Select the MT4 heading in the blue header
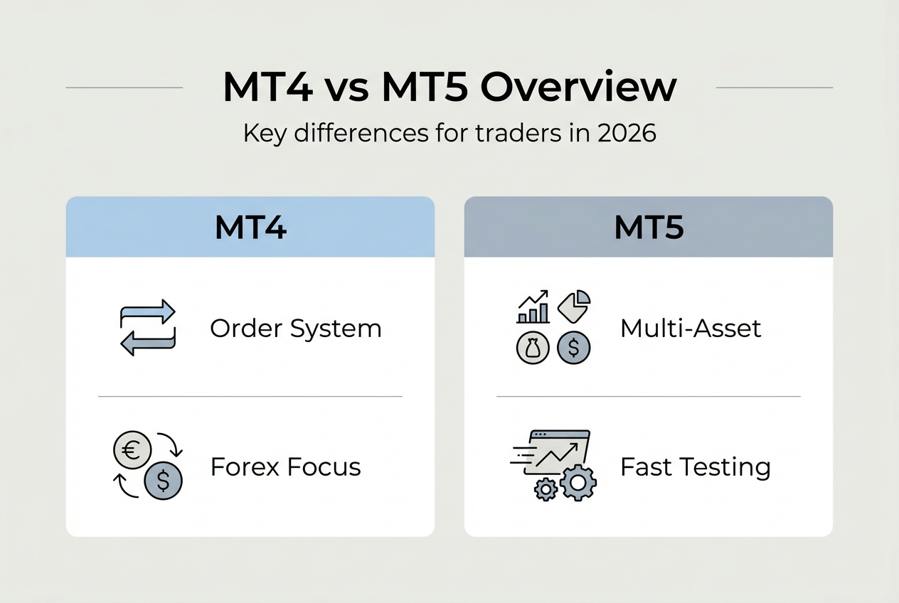250,228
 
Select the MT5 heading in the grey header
648,228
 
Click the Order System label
295,329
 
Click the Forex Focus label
285,467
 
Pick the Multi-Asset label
691,329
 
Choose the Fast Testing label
695,467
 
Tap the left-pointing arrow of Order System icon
148,343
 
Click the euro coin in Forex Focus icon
132,449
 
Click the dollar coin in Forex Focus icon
163,482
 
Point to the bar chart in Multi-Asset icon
533,307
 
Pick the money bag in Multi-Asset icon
533,348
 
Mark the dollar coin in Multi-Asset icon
574,348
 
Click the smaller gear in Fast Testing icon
546,489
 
